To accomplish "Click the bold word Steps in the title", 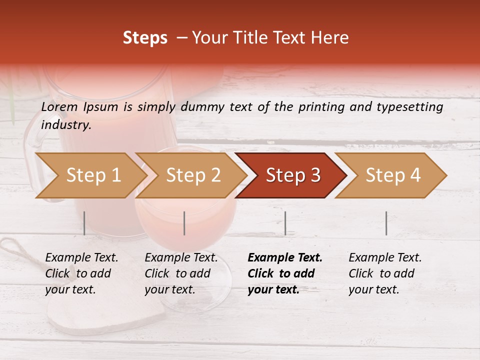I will [145, 38].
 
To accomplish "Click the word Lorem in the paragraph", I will [59, 107].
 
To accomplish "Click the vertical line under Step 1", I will [84, 223].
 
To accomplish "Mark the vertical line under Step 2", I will [184, 223].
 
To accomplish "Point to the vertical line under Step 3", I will [285, 223].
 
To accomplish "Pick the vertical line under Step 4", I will [386, 223].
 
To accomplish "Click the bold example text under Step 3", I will [285, 273].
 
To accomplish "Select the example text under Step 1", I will [81, 273].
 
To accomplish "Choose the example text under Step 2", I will [181, 273].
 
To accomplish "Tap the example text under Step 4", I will [385, 273].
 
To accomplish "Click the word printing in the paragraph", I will [320, 107].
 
